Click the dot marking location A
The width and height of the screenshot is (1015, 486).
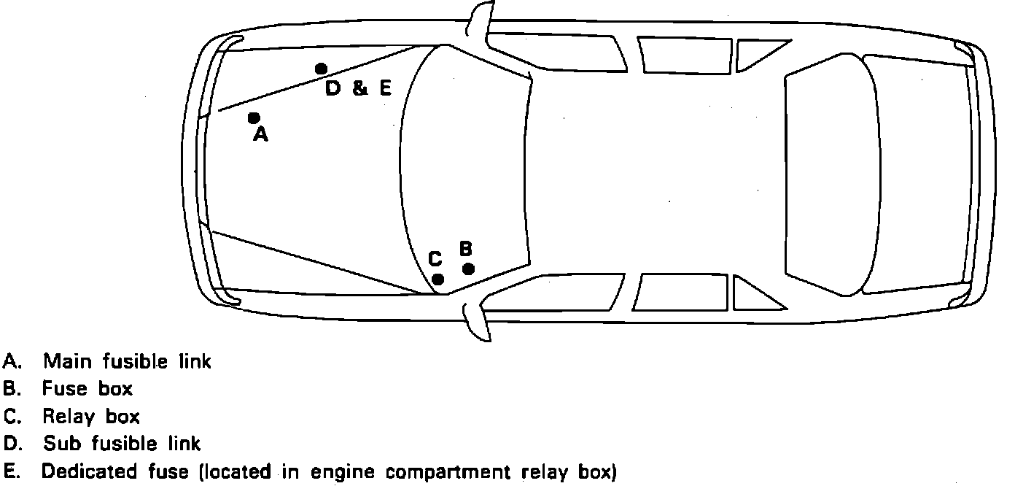tap(254, 117)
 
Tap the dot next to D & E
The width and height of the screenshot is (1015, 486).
tap(321, 69)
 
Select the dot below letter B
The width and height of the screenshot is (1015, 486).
tap(469, 269)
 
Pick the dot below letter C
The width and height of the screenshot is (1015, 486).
tap(438, 279)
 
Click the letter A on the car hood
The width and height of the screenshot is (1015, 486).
tap(260, 135)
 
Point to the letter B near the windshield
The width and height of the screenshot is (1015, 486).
tap(467, 248)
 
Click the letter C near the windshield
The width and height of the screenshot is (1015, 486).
tap(435, 259)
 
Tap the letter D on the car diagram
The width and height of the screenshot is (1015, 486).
tap(333, 89)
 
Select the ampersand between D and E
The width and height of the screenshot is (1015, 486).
tap(359, 89)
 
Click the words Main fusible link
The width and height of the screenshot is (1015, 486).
tap(127, 361)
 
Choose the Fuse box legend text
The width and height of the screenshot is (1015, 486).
tap(87, 389)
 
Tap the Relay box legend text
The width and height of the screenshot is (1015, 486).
tap(90, 417)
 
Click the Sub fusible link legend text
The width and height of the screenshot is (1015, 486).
tap(122, 444)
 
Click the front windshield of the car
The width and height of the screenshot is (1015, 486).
tap(467, 168)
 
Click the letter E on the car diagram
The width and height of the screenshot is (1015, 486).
tap(385, 89)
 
